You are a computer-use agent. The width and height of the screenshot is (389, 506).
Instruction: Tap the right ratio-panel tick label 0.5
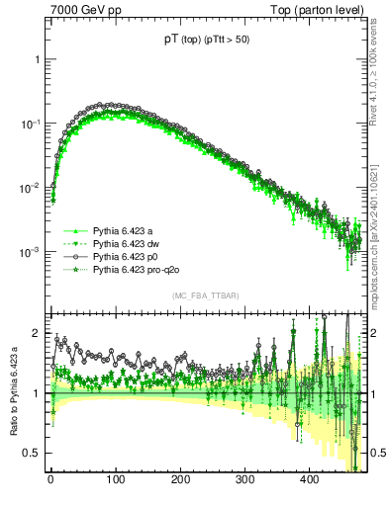378,453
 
